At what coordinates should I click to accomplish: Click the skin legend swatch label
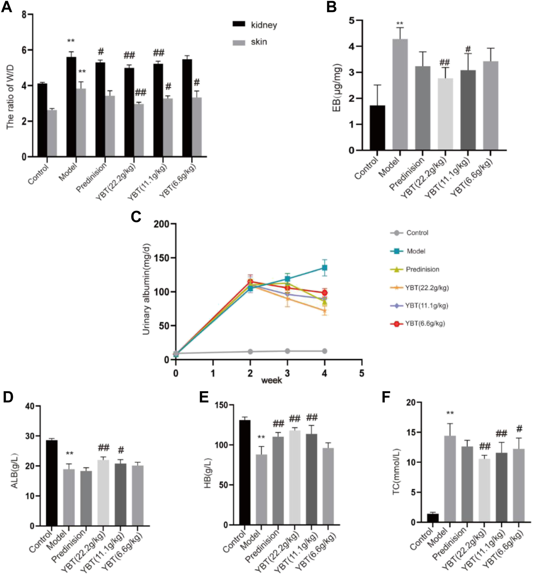(x=259, y=42)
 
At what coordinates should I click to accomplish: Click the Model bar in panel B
(x=400, y=94)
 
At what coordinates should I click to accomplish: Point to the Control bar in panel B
(x=377, y=128)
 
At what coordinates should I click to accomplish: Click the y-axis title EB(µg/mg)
(x=336, y=88)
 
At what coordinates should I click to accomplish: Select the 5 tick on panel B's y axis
(x=351, y=20)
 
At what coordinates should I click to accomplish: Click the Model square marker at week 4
(x=324, y=268)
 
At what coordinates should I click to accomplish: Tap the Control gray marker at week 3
(x=287, y=351)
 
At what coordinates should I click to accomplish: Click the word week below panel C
(x=271, y=381)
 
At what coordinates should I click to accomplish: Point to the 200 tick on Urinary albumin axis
(x=161, y=224)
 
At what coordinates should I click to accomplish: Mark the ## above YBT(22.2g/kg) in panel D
(x=104, y=448)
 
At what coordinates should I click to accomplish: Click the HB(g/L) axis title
(x=208, y=473)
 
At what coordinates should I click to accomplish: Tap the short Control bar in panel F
(x=432, y=518)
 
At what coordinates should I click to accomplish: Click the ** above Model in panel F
(x=450, y=413)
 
